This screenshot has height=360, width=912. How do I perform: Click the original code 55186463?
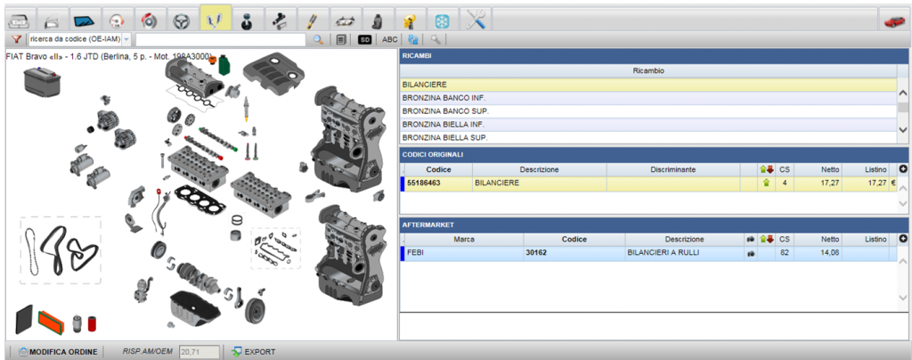pos(423,184)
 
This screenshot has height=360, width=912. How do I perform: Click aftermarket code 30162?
pos(535,253)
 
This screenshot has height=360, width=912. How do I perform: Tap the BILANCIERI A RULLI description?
pos(663,253)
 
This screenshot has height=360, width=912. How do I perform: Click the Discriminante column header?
pos(673,169)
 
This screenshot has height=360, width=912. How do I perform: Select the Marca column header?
pos(463,239)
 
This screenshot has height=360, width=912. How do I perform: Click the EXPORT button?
pos(254,351)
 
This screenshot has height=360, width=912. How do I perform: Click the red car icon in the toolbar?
pos(894,20)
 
